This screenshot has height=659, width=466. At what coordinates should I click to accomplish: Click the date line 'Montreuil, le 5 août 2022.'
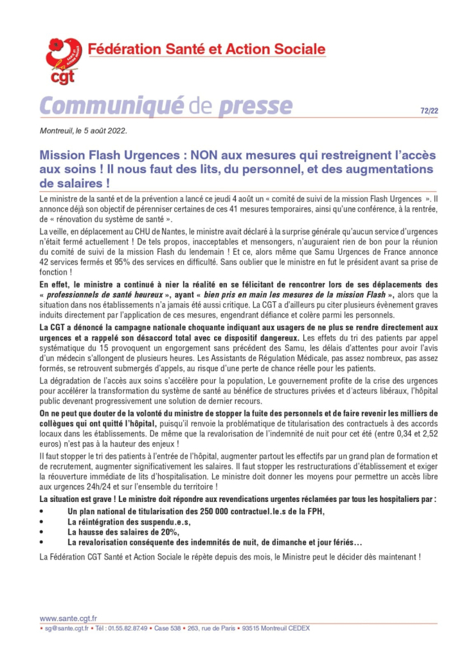pyautogui.click(x=84, y=131)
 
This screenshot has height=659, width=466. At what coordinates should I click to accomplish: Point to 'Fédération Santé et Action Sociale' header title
pyautogui.click(x=206, y=49)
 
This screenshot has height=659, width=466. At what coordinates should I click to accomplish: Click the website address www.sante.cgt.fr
pyautogui.click(x=64, y=617)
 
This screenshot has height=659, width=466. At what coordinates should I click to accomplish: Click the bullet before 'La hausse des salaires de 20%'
pyautogui.click(x=42, y=532)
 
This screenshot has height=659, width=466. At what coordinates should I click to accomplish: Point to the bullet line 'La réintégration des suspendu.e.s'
pyautogui.click(x=124, y=521)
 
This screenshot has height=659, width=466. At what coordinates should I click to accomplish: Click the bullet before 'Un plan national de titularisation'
pyautogui.click(x=42, y=511)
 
